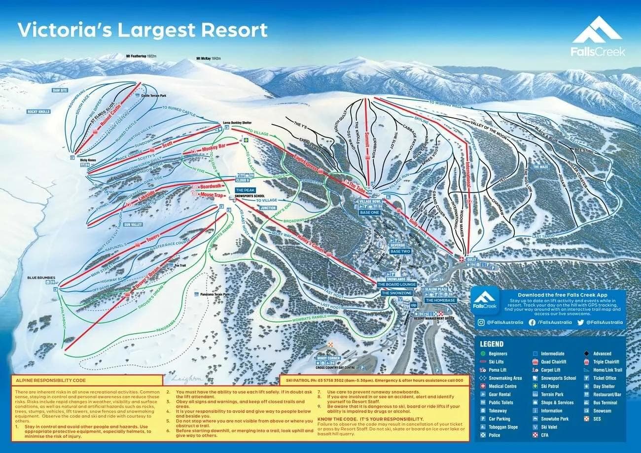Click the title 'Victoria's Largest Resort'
click(142, 30)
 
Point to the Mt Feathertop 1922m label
click(141, 56)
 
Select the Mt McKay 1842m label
click(209, 58)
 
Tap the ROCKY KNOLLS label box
click(39, 112)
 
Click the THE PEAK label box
click(245, 190)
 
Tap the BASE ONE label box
click(369, 212)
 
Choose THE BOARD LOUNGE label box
click(397, 285)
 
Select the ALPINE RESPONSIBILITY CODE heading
click(50, 381)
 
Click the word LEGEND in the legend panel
click(492, 344)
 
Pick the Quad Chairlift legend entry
click(554, 362)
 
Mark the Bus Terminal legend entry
click(605, 403)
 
